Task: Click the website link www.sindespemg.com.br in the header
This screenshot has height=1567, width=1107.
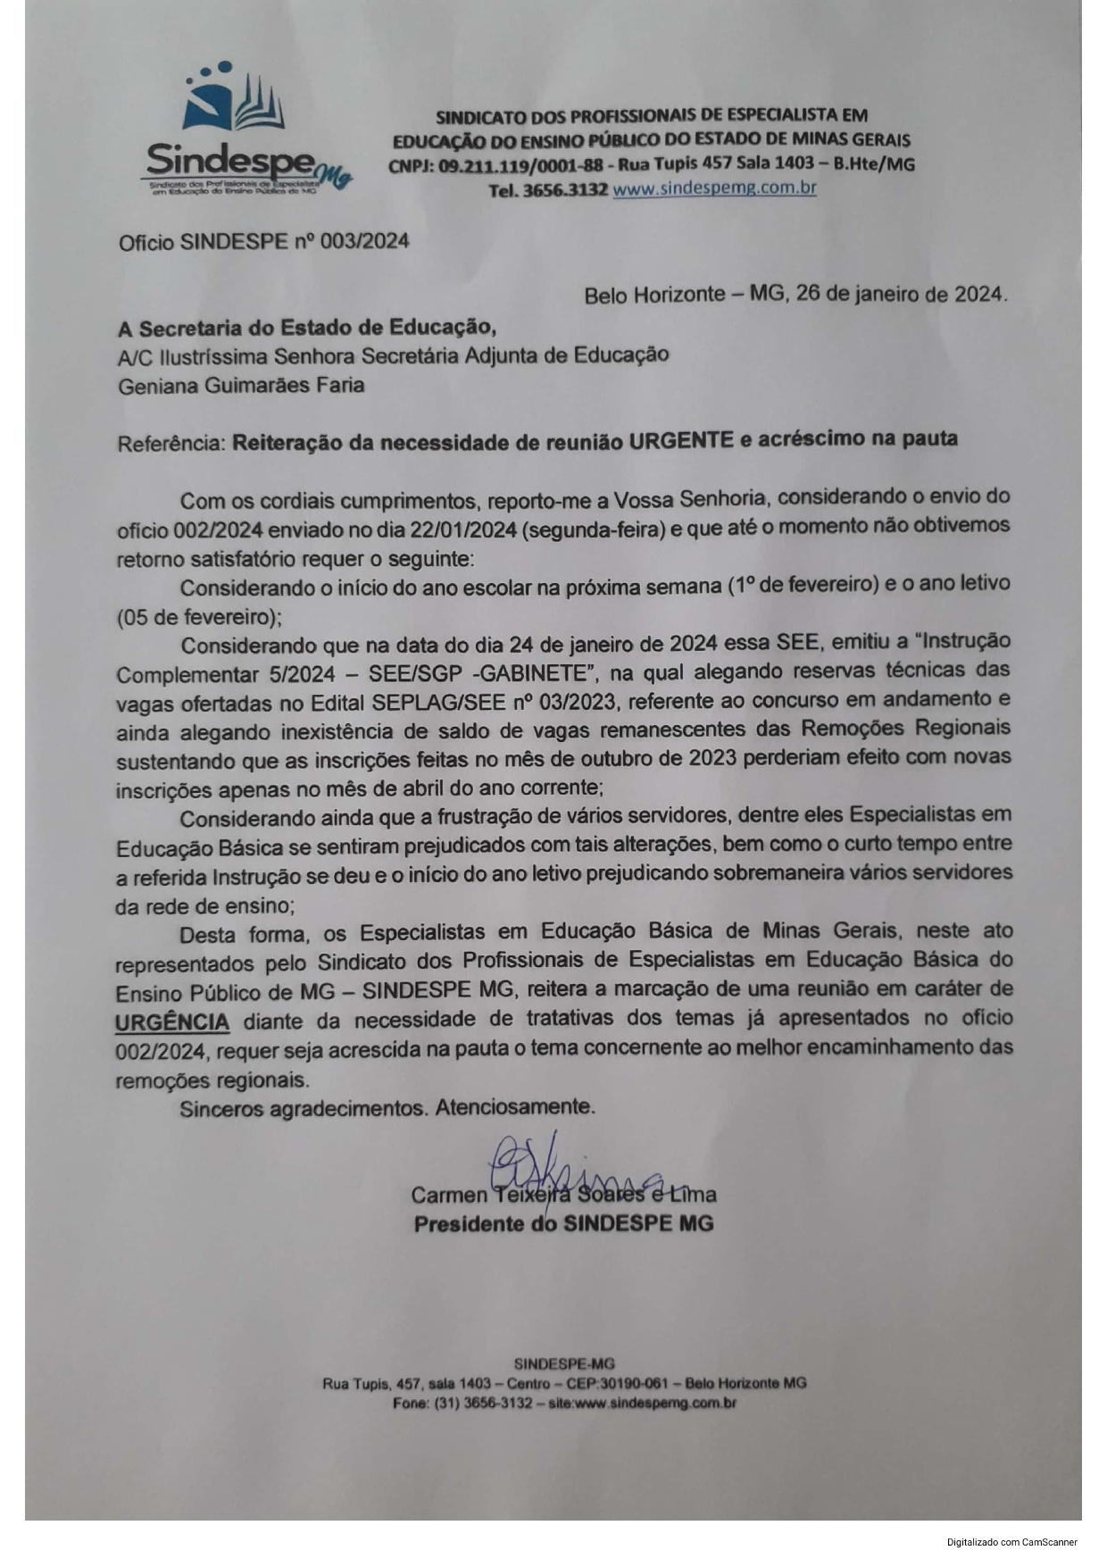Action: tap(714, 188)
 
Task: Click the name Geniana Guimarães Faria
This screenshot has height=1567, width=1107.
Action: tap(241, 385)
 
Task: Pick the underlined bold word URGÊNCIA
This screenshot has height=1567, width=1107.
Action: tap(172, 1021)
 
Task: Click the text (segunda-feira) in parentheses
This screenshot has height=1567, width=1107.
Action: tap(595, 529)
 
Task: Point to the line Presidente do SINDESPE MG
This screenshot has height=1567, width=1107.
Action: tap(563, 1223)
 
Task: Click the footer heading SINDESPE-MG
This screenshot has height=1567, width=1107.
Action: tap(564, 1363)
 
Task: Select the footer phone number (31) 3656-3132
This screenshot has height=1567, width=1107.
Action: tap(482, 1403)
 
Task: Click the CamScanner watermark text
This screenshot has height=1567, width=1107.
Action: tap(1012, 1542)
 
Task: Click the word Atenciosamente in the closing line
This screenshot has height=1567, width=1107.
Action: tap(514, 1108)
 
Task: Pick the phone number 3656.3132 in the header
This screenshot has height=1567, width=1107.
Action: tap(565, 189)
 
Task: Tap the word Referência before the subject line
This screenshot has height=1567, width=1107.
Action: tap(171, 443)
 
